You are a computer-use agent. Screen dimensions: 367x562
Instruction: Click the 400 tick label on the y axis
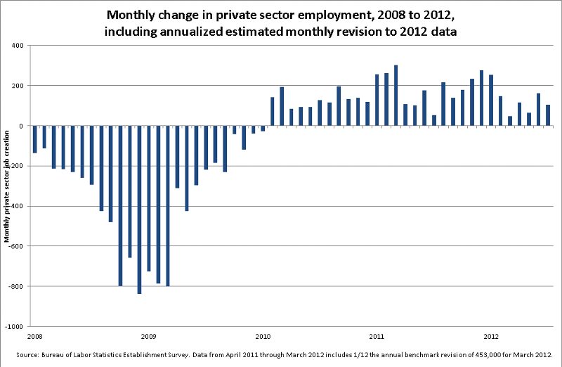pyautogui.click(x=17, y=45)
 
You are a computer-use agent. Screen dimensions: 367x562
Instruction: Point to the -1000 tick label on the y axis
pyautogui.click(x=14, y=327)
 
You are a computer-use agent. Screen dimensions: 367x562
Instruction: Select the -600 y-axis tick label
pyautogui.click(x=15, y=246)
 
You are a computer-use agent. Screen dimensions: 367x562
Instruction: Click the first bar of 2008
pyautogui.click(x=34, y=139)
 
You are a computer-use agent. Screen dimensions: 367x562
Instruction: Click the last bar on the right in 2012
pyautogui.click(x=547, y=115)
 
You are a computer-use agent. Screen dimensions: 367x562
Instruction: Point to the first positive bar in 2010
pyautogui.click(x=273, y=112)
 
